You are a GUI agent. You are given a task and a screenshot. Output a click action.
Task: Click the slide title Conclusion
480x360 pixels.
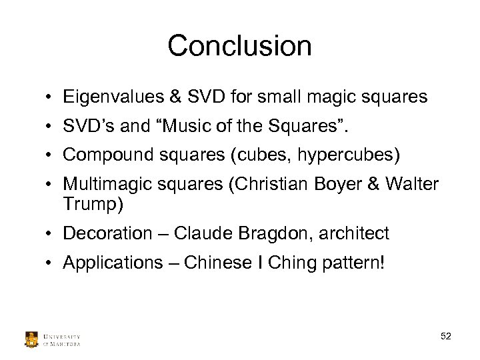point(239,46)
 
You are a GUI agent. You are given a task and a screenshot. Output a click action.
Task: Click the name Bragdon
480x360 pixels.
point(261,234)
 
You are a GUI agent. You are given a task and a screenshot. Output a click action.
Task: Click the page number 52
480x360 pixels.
point(446,337)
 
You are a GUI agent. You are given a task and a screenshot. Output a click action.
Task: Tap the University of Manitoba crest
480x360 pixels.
point(31,339)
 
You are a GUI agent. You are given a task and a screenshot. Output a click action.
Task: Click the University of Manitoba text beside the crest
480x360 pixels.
point(62,339)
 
